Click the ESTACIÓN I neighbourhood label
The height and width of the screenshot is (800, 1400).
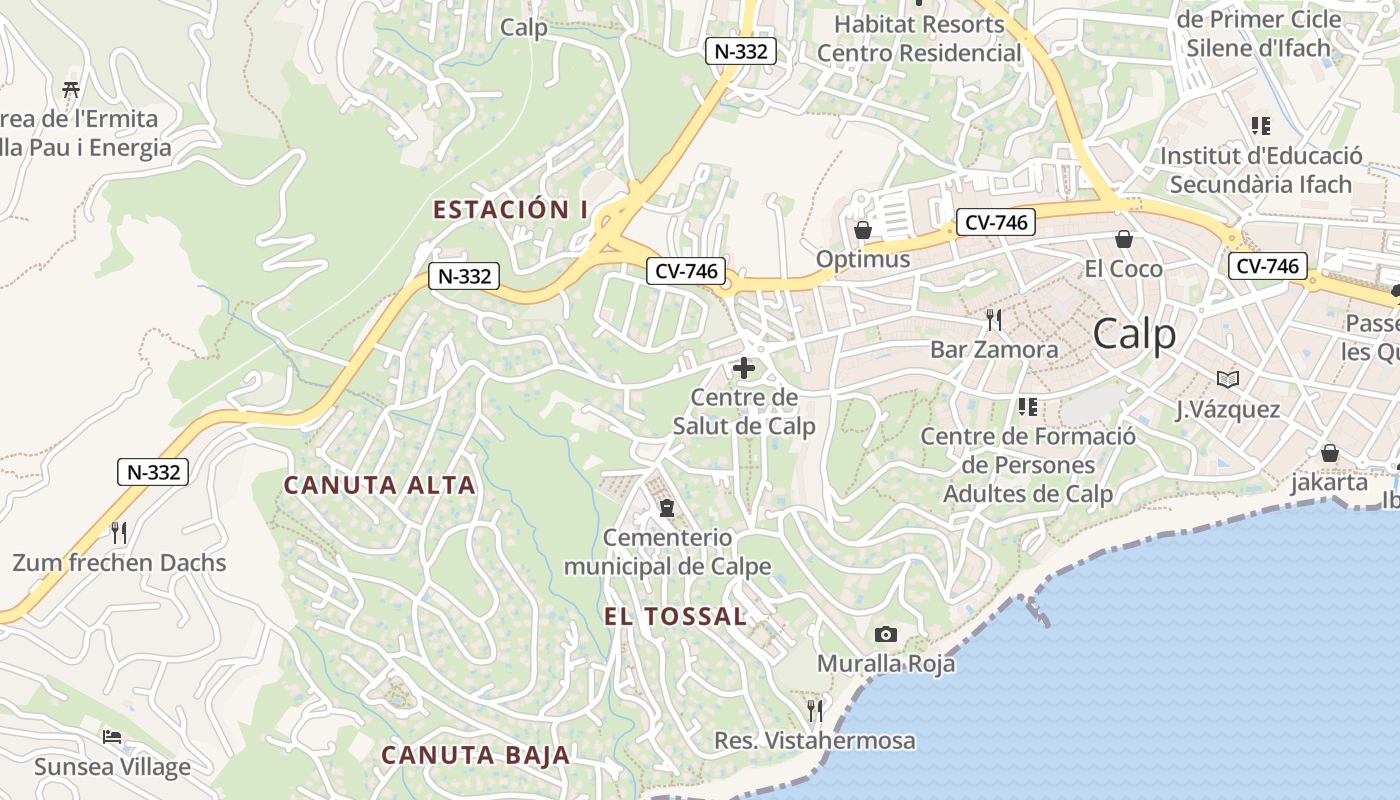[x=510, y=209]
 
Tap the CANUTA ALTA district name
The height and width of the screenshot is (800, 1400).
[x=380, y=485]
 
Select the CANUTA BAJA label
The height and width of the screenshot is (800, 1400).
[x=476, y=755]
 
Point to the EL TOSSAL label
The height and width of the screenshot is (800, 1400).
[x=676, y=616]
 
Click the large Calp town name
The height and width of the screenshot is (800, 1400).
[x=1134, y=334]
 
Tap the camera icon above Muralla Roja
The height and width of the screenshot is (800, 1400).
[x=885, y=634]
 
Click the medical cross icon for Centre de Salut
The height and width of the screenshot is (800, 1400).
[x=744, y=368]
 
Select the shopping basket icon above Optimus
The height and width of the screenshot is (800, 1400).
[x=863, y=230]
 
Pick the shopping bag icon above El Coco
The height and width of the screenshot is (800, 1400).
[x=1124, y=239]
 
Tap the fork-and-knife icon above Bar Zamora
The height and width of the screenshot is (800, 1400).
[x=994, y=320]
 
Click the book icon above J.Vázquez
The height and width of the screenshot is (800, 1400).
[x=1228, y=379]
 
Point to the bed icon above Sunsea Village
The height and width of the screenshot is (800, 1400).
[x=112, y=737]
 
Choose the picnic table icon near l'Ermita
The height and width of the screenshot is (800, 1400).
[x=71, y=89]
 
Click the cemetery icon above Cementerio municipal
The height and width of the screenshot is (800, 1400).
[x=667, y=508]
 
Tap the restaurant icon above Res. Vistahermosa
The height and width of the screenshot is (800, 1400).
[x=815, y=710]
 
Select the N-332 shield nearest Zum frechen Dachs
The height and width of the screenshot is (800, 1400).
[x=153, y=472]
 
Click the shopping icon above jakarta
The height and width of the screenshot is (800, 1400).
[x=1330, y=453]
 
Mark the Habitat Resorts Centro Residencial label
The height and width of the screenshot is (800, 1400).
[x=920, y=38]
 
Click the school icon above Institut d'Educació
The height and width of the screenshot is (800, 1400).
[x=1260, y=126]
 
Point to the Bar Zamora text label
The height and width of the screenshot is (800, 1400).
[x=994, y=349]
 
